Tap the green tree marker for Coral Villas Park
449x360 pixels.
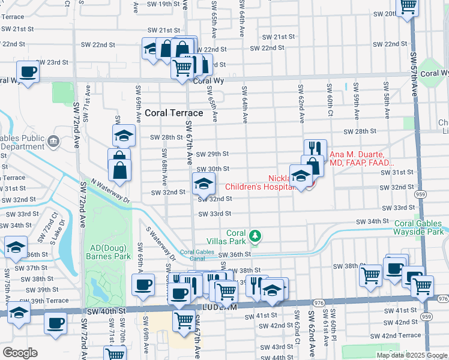click(x=256, y=235)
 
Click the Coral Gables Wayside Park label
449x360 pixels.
click(x=418, y=227)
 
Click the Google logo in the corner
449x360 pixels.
click(x=20, y=353)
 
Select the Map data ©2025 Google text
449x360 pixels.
click(x=411, y=355)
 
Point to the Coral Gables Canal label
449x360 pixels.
click(x=197, y=256)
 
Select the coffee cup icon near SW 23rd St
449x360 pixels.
click(x=28, y=72)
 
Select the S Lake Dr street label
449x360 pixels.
click(x=53, y=230)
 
